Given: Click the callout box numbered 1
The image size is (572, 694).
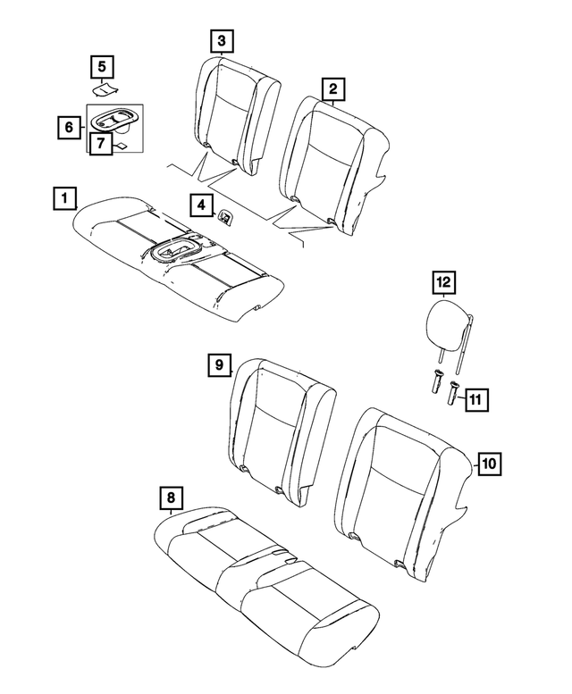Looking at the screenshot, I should coord(63,197).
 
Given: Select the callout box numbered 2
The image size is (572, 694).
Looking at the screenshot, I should coord(332,88).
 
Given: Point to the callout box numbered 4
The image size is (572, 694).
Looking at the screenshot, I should coord(201,205).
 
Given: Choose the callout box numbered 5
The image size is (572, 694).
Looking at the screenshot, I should coord(102,66).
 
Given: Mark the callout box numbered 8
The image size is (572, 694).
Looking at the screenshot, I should coord(169,497).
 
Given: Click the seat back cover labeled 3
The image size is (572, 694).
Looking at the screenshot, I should coord(229,112).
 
